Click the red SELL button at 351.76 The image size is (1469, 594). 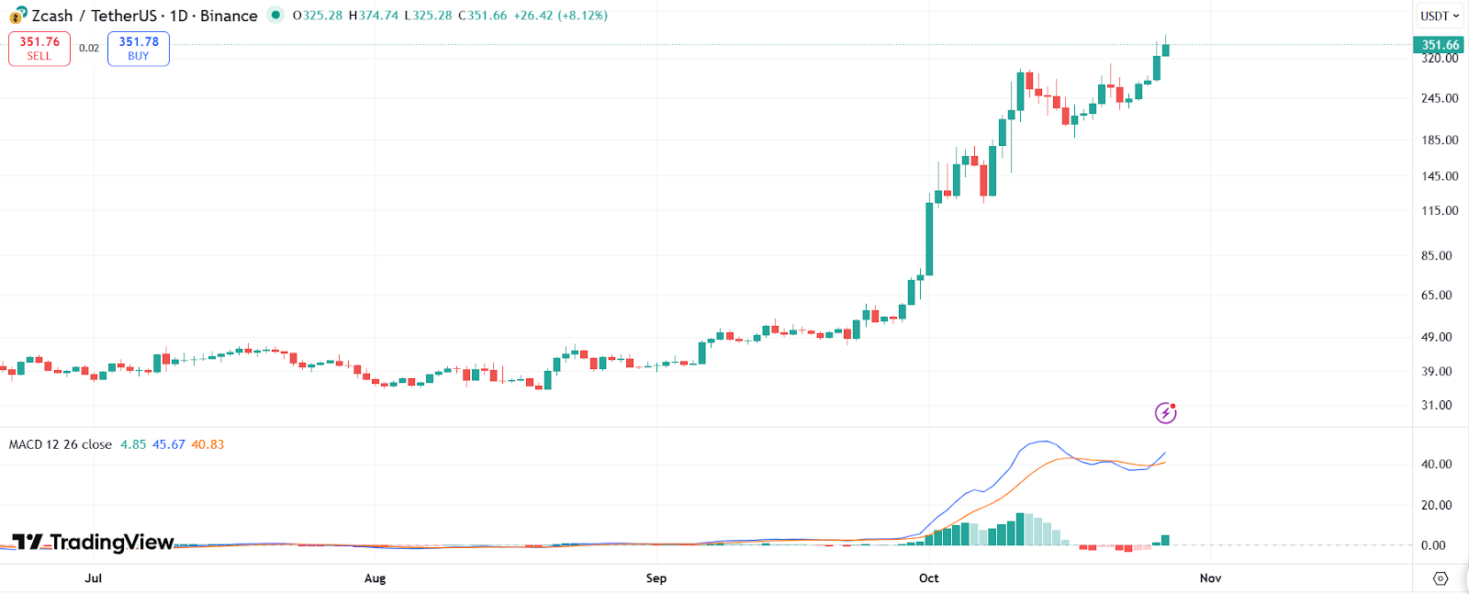tap(39, 49)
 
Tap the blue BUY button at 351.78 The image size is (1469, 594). tap(139, 49)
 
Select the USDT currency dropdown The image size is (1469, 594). tap(1439, 16)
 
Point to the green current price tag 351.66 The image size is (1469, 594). tap(1439, 44)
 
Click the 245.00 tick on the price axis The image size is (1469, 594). tap(1439, 98)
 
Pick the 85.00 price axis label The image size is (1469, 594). tap(1437, 256)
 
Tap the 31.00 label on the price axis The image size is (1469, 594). tap(1437, 405)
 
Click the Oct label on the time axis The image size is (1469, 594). tap(929, 578)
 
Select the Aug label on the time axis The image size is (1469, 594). tap(375, 578)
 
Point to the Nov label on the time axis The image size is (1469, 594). tap(1210, 578)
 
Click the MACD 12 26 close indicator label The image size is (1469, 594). tap(61, 444)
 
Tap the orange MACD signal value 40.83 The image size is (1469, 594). tap(207, 444)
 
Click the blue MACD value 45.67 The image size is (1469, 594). tap(169, 444)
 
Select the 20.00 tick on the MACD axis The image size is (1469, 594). tap(1437, 505)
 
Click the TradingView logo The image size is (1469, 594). tap(94, 542)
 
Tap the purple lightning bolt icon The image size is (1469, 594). tap(1165, 413)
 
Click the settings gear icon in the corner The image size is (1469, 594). tap(1441, 578)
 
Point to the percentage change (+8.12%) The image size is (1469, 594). tap(582, 16)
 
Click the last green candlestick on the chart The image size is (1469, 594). tap(1165, 50)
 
